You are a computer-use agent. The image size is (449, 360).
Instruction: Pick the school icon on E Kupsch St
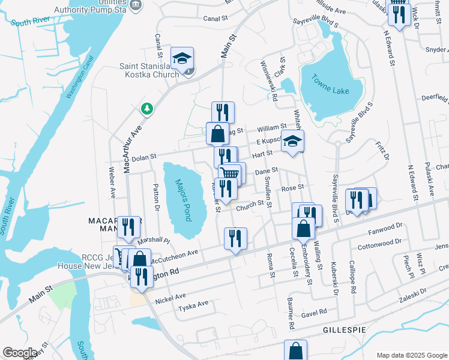click(293, 142)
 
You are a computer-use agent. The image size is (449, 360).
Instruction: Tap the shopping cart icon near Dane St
click(229, 173)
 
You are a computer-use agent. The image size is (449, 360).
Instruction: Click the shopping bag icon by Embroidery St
click(304, 229)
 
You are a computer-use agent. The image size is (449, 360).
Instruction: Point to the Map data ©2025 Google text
click(411, 355)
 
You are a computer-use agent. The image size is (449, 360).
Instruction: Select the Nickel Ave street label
click(170, 297)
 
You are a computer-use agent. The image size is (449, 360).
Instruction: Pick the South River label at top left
click(29, 22)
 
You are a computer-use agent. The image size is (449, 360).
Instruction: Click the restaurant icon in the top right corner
click(399, 13)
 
